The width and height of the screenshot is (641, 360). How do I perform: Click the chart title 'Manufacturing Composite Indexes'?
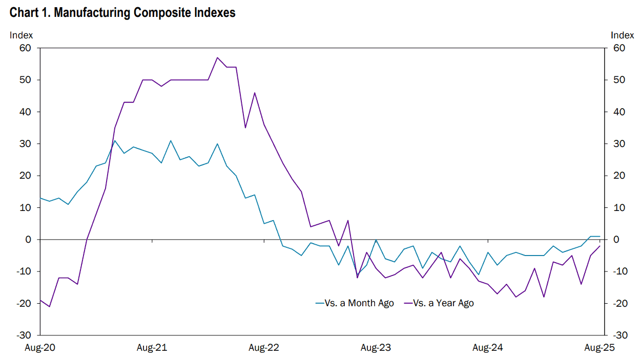[x=144, y=13]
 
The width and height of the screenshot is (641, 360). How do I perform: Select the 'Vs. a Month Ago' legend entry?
[x=355, y=303]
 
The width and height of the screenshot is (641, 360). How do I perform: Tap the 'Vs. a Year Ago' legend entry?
[x=439, y=303]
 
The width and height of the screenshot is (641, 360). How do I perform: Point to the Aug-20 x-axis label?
[x=40, y=348]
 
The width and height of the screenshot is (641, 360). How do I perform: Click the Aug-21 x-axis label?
[x=152, y=348]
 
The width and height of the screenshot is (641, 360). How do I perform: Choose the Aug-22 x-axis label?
[x=264, y=348]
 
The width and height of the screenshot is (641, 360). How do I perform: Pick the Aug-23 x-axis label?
[x=376, y=348]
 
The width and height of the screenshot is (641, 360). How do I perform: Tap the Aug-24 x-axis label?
[x=488, y=348]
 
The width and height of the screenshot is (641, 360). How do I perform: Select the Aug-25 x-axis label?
[x=599, y=348]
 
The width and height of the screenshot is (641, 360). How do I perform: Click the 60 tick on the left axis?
[x=25, y=48]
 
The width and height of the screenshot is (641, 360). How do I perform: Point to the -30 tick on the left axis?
[x=24, y=335]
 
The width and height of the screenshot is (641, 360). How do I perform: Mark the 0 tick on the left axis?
[x=28, y=239]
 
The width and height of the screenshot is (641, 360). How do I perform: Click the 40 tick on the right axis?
[x=619, y=112]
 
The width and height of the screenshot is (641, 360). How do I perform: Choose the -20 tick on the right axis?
[x=620, y=303]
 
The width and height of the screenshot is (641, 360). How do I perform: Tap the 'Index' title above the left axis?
[x=21, y=35]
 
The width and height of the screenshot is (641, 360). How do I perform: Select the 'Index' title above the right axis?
[x=623, y=35]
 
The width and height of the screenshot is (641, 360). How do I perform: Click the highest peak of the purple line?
[x=217, y=57]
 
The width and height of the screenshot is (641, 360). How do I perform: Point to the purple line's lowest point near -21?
[x=50, y=307]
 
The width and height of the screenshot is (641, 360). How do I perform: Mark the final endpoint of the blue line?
[x=600, y=236]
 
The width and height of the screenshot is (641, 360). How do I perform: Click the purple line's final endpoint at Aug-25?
[x=600, y=246]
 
